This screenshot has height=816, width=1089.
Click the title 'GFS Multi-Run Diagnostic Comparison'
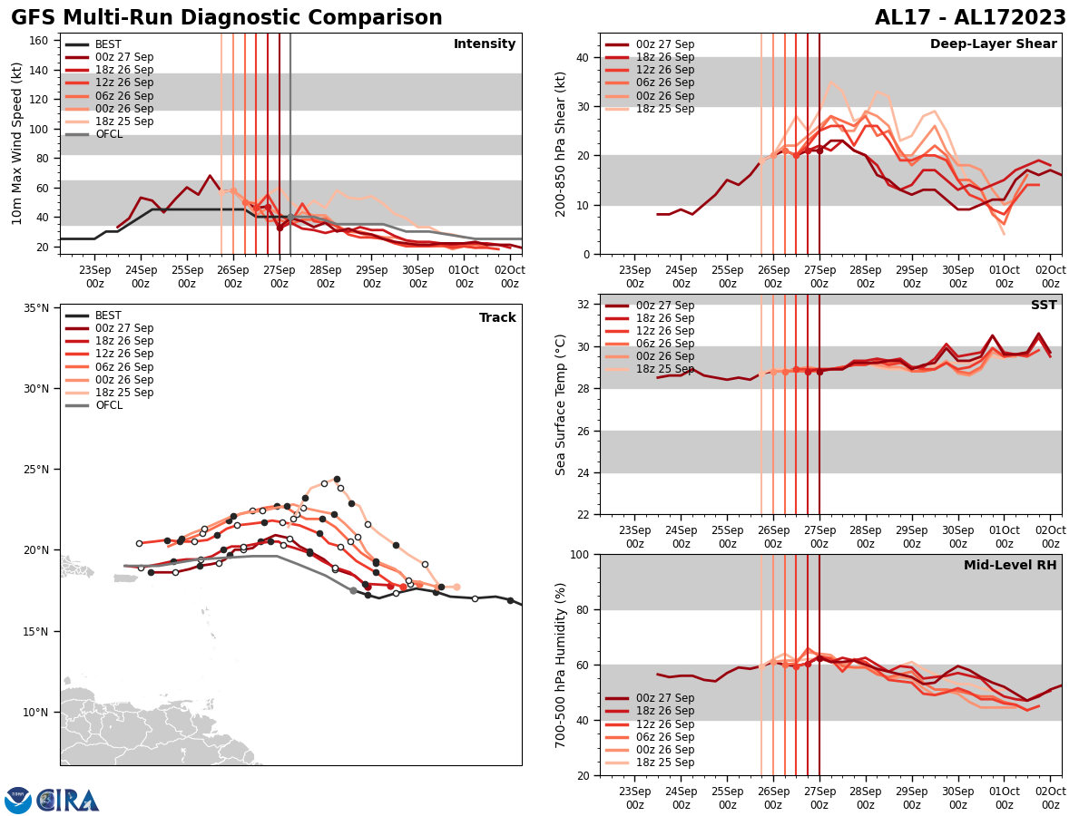pyautogui.click(x=227, y=18)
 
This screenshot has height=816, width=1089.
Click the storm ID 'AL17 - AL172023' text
pyautogui.click(x=970, y=18)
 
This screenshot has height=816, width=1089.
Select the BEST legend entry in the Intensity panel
pyautogui.click(x=108, y=44)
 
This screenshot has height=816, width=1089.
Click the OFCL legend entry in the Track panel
pyautogui.click(x=108, y=405)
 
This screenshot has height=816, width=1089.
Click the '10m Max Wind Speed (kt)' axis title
pyautogui.click(x=15, y=143)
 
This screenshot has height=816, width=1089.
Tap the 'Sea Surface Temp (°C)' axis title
pyautogui.click(x=561, y=404)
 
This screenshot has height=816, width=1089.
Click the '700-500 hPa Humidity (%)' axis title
pyautogui.click(x=561, y=665)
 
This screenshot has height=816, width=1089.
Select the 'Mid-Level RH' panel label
pyautogui.click(x=1010, y=566)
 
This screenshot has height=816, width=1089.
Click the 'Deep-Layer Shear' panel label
pyautogui.click(x=993, y=44)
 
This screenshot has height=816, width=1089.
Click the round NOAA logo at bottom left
pyautogui.click(x=18, y=801)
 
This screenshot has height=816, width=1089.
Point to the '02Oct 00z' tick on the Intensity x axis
pyautogui.click(x=510, y=277)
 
